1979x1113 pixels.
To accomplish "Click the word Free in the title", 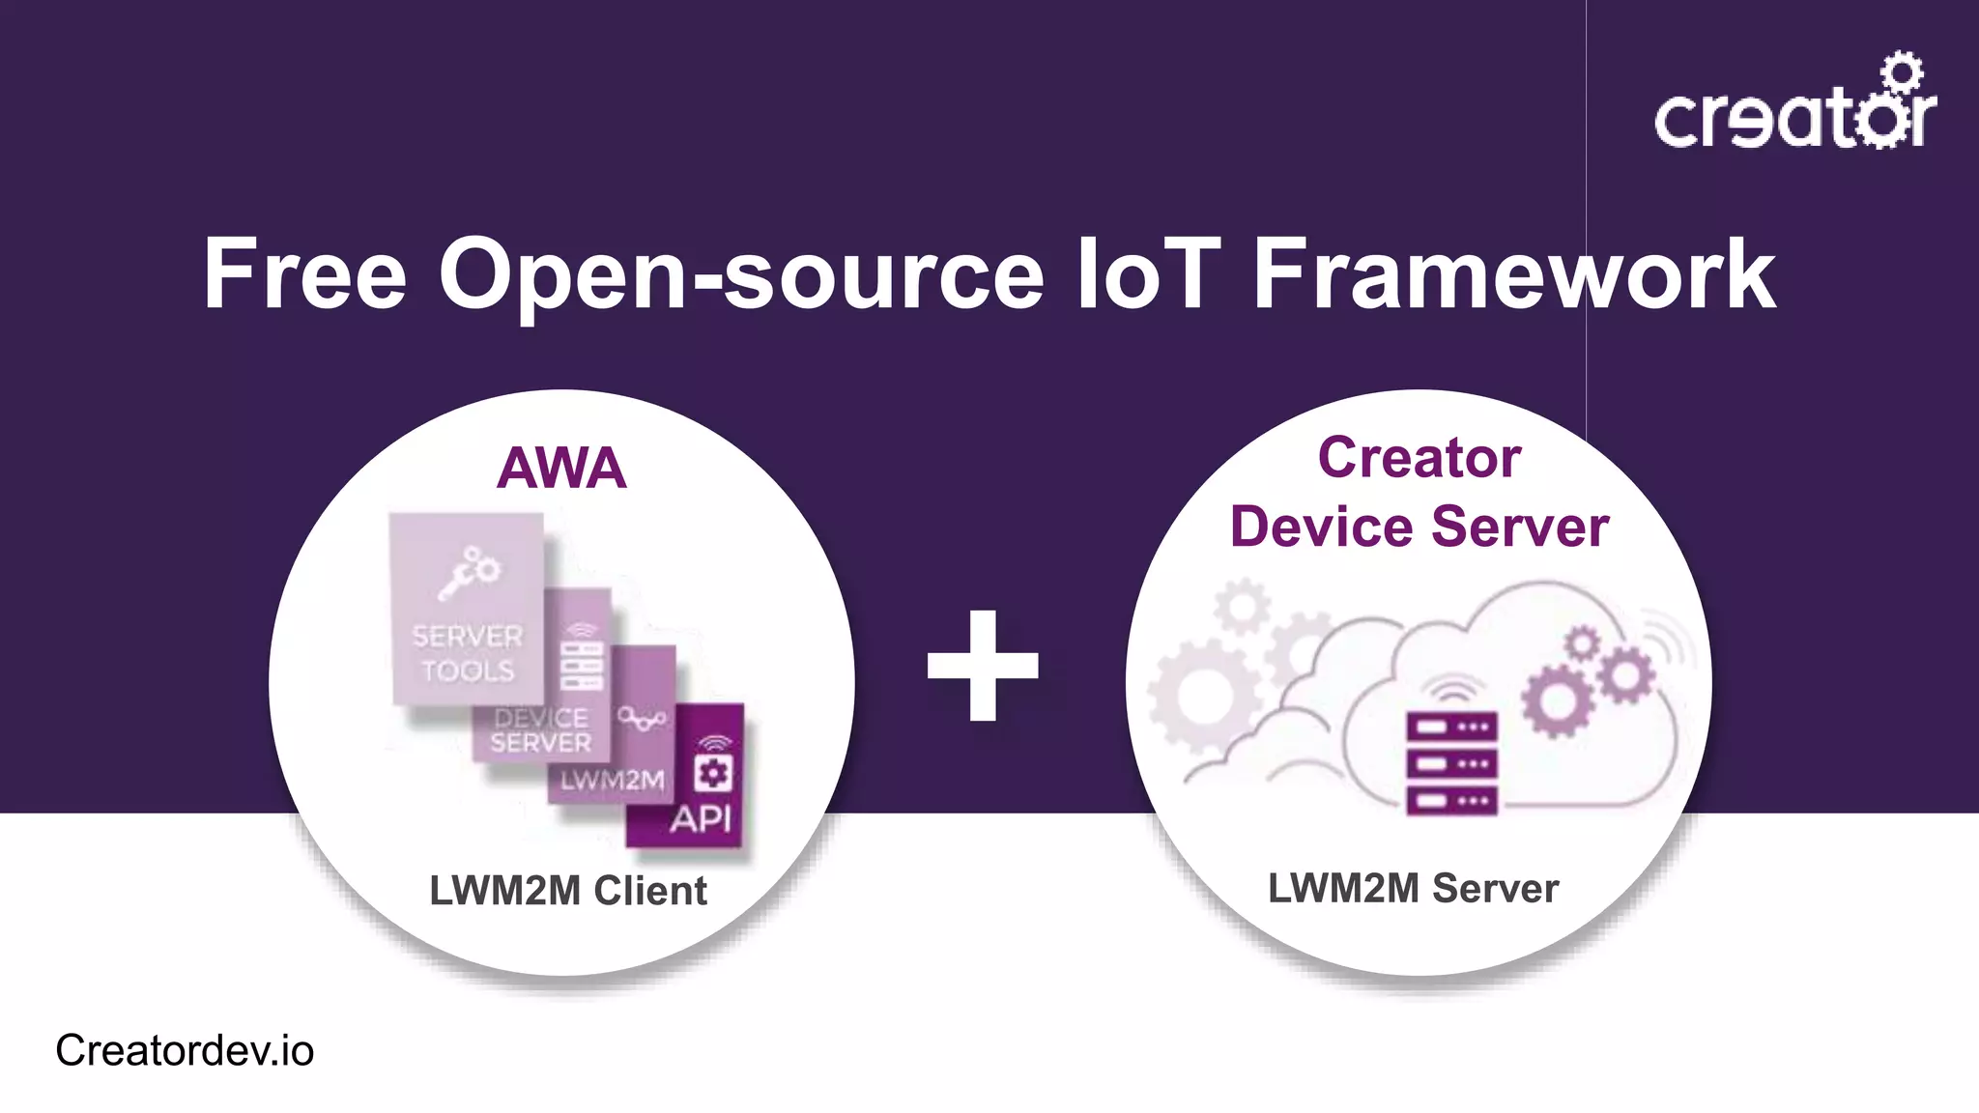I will [304, 275].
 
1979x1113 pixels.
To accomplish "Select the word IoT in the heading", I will [1147, 275].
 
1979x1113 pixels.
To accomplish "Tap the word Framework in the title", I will [1513, 275].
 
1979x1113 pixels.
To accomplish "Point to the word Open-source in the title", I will [740, 277].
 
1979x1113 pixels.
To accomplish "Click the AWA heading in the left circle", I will [561, 469].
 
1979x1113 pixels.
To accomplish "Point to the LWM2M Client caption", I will [568, 891].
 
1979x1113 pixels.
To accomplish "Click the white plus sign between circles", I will [983, 666].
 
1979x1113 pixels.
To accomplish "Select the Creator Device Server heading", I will [1419, 493].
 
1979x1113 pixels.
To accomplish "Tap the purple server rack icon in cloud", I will [1451, 763].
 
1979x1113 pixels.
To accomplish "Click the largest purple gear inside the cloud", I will [1557, 700].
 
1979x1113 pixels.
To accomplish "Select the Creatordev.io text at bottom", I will [185, 1050].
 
